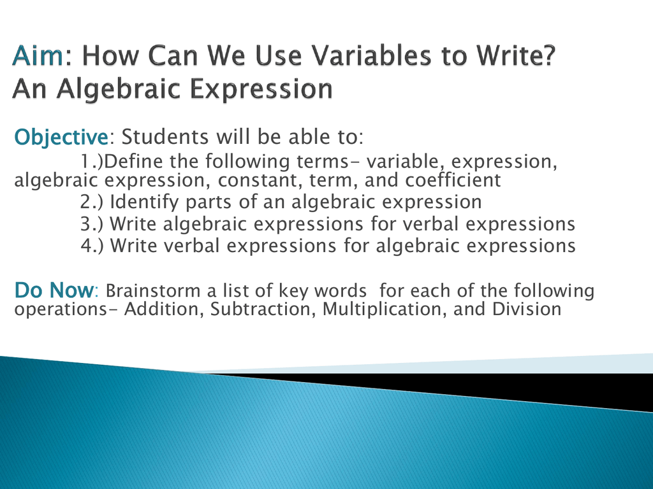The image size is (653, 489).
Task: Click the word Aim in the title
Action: [38, 56]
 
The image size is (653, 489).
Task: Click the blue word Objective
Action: [61, 138]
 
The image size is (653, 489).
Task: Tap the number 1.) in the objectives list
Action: [92, 161]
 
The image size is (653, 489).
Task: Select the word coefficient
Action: [453, 180]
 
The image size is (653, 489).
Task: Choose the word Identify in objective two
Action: [145, 202]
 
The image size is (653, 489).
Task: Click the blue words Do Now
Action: [54, 290]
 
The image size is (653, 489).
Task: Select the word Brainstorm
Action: [153, 290]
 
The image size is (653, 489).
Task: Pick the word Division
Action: [527, 309]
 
